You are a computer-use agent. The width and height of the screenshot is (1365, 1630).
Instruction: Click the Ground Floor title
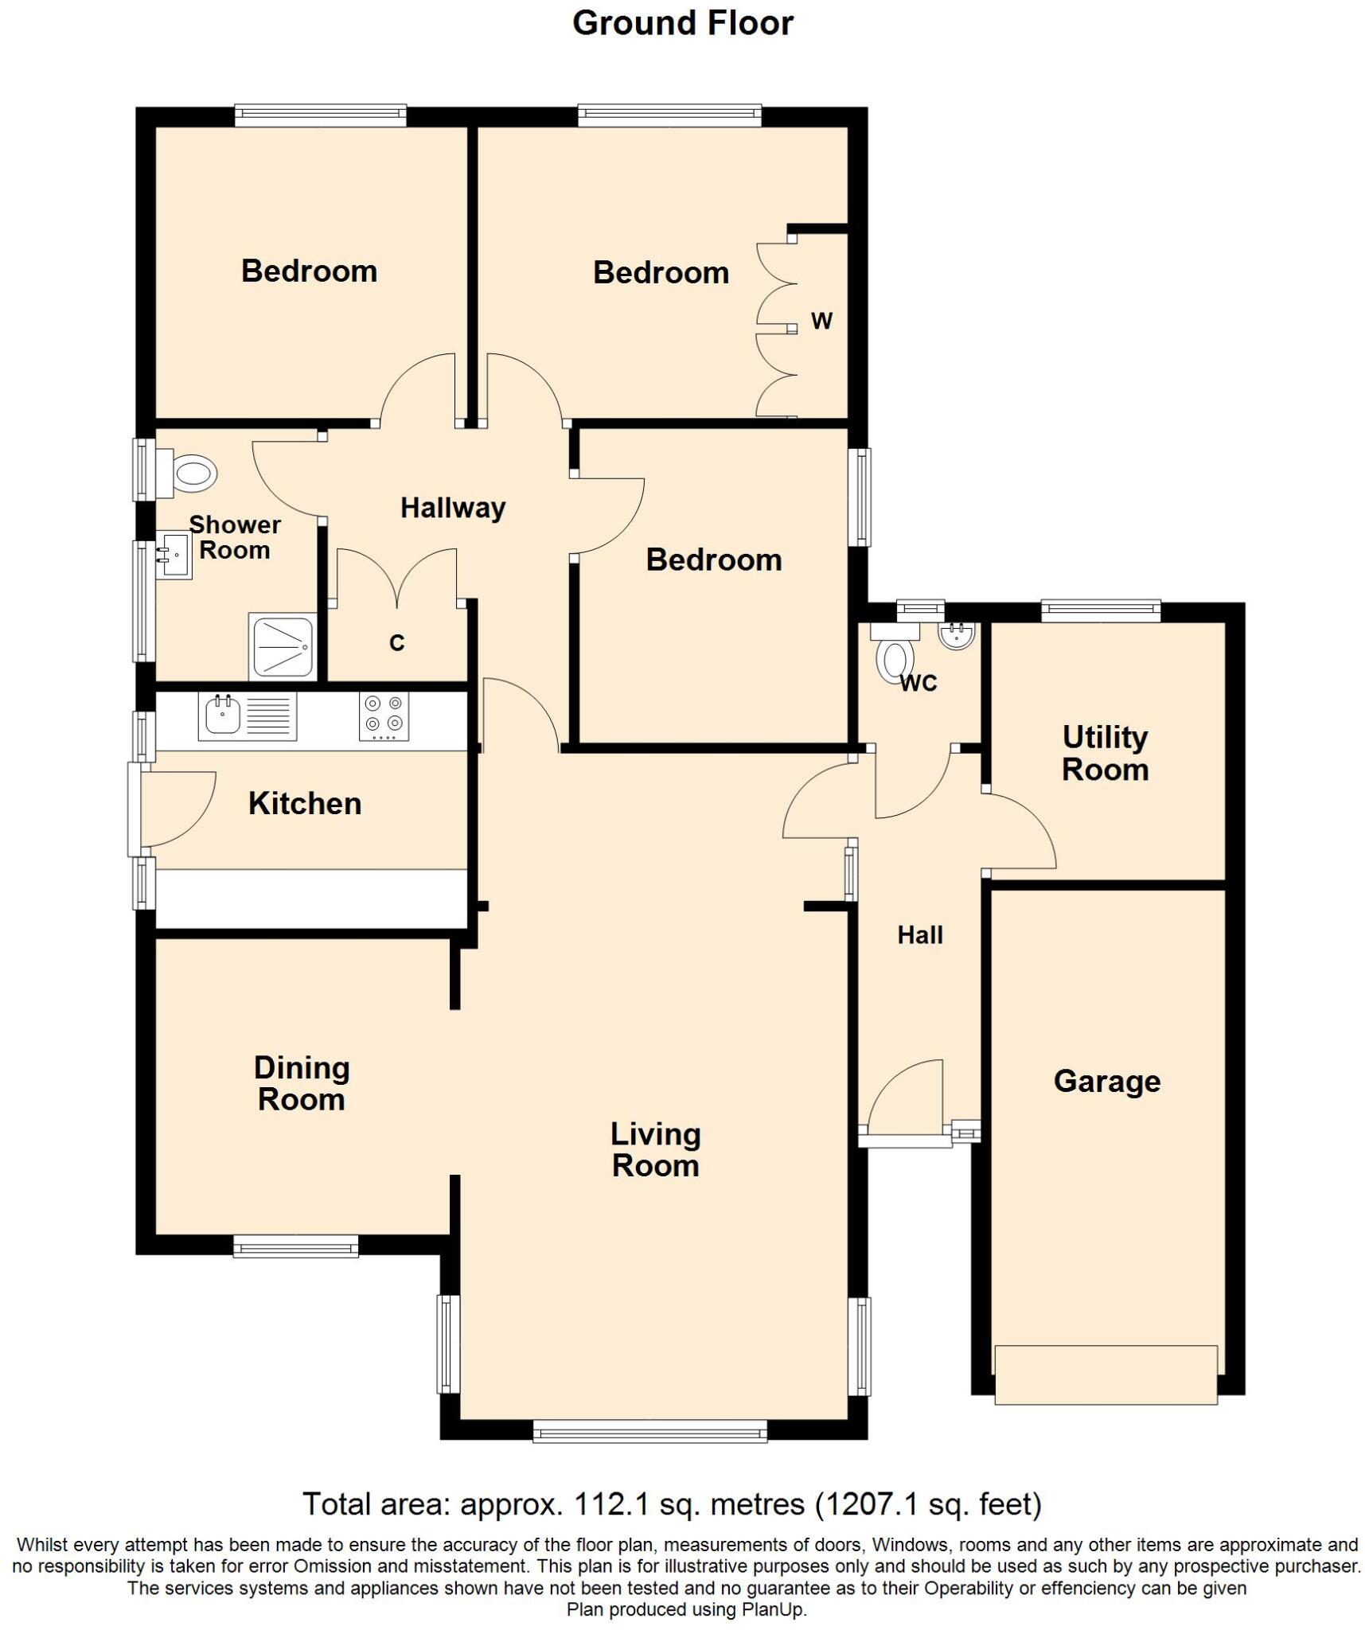point(682,24)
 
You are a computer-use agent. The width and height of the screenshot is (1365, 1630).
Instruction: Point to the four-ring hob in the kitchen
point(384,715)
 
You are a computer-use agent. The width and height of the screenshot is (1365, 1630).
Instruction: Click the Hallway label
point(452,508)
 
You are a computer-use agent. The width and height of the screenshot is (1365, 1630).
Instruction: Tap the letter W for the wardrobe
point(821,321)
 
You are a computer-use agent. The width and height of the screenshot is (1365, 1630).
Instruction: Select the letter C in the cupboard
point(396,642)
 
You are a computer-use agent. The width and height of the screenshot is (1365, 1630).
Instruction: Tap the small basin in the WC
point(956,635)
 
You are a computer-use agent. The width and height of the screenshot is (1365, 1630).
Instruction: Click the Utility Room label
point(1105,753)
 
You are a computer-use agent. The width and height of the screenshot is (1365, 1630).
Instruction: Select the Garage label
point(1106,1081)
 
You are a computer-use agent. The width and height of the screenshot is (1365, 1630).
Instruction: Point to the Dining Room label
point(302,1083)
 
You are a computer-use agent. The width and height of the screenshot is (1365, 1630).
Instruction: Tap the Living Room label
point(655,1149)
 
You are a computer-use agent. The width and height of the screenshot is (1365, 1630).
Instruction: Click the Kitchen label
point(305,803)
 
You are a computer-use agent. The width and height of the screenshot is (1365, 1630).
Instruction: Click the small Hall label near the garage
point(920,934)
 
